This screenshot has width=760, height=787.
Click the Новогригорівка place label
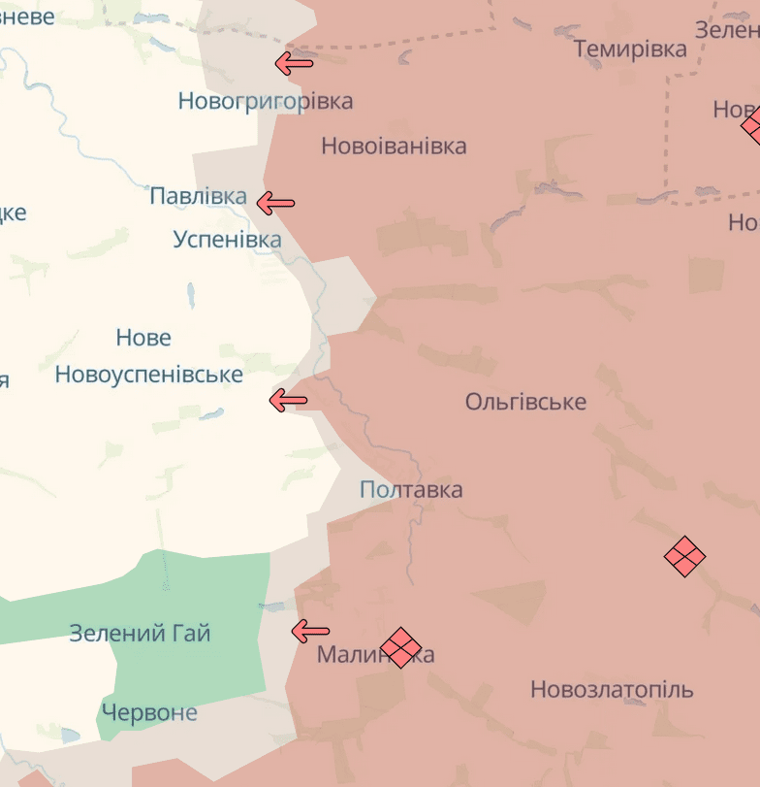click(265, 101)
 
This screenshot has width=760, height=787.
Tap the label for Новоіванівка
click(394, 147)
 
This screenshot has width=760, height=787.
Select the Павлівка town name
click(198, 196)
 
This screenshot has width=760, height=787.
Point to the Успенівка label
click(227, 239)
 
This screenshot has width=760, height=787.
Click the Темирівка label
click(630, 49)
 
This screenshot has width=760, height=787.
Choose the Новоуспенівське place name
click(148, 375)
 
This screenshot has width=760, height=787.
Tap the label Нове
click(143, 338)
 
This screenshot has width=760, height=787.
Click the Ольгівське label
click(525, 402)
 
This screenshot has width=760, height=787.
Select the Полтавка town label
click(411, 490)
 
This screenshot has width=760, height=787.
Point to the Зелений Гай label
click(140, 634)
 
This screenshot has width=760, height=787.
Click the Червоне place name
click(149, 713)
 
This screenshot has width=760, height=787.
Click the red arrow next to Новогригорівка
click(294, 64)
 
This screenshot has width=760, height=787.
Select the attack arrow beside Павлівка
click(275, 203)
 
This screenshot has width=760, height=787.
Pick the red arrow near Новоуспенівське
click(288, 400)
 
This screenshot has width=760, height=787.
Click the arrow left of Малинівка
click(310, 631)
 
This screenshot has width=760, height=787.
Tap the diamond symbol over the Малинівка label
click(400, 647)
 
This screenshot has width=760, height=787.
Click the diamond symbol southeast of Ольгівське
click(684, 557)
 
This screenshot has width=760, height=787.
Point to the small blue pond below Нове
click(211, 413)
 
